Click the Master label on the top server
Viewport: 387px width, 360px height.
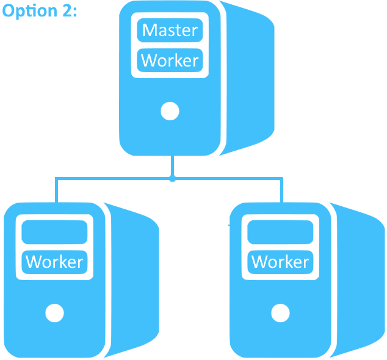tap(170, 30)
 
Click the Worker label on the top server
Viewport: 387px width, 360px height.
tap(170, 60)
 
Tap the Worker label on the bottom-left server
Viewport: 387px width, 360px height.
tap(54, 262)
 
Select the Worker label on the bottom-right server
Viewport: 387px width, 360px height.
tap(280, 262)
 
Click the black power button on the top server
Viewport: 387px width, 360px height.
tap(170, 111)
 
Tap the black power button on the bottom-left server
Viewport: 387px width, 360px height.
tap(54, 313)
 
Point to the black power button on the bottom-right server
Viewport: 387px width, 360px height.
tap(280, 313)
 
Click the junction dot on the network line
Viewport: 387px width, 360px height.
tap(172, 179)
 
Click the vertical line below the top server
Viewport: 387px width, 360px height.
tap(172, 166)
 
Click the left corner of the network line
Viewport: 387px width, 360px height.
tap(56, 179)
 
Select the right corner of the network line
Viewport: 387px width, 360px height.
tap(282, 179)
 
